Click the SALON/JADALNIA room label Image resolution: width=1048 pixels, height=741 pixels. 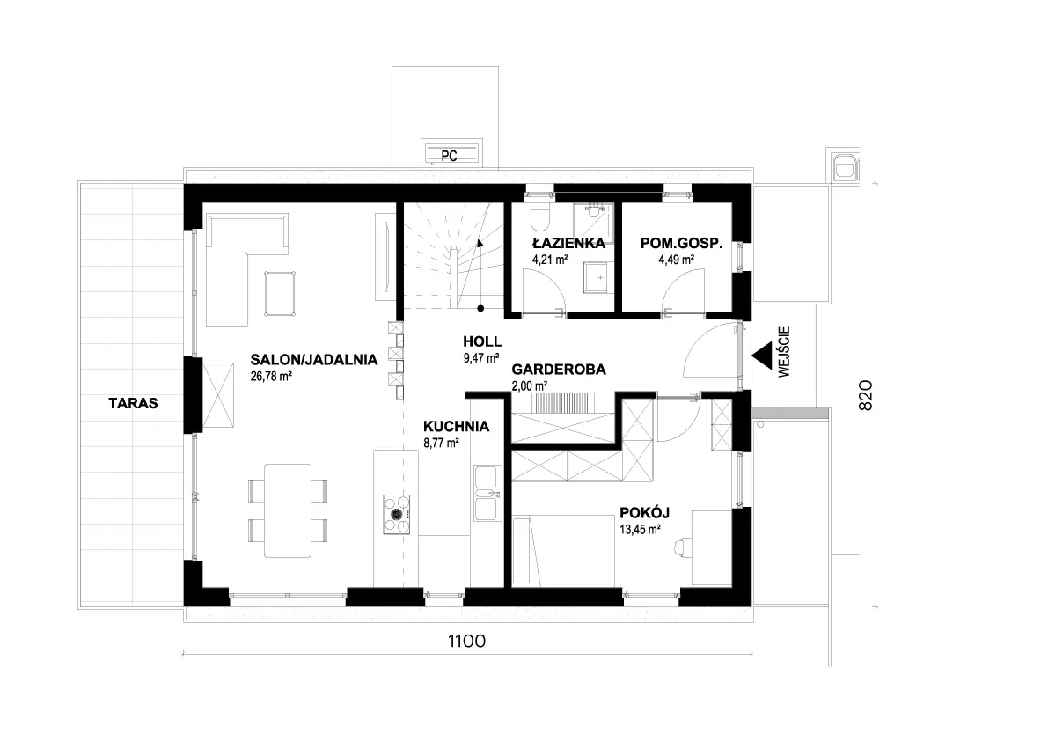313,359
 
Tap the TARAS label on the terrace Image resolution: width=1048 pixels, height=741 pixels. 134,403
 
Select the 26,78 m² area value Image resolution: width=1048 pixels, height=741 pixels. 271,376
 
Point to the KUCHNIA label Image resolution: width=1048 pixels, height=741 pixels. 456,426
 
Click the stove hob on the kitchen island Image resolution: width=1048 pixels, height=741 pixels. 396,515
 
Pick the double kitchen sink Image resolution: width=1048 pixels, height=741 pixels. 485,493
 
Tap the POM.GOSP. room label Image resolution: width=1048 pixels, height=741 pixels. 681,243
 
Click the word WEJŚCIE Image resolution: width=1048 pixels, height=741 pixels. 784,351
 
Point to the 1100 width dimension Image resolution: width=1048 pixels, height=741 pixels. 466,642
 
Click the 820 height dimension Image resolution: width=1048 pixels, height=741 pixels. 865,395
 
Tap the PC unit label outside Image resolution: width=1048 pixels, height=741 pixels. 449,157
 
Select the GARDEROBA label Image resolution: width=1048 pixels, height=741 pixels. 559,370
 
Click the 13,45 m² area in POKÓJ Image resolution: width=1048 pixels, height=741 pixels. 641,529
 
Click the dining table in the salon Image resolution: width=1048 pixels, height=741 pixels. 288,510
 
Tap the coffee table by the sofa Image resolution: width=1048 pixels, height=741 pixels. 279,293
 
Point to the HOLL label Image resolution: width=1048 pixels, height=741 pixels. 482,342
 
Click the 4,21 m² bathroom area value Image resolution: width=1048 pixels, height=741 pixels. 550,260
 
